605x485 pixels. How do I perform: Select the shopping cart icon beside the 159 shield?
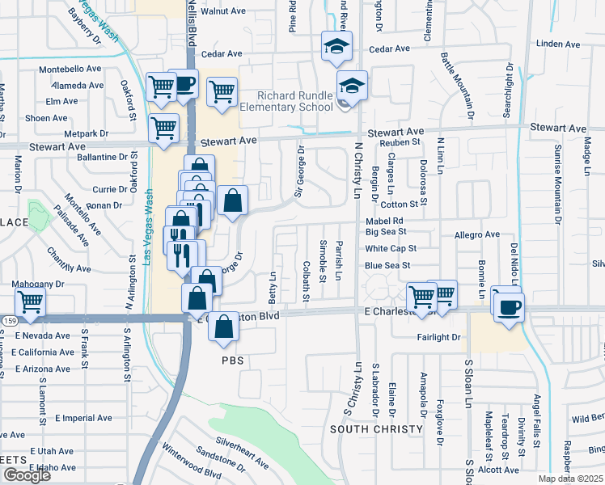30,302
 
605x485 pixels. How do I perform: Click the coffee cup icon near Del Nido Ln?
509,307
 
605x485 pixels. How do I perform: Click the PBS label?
233,359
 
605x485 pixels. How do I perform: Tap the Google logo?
27,475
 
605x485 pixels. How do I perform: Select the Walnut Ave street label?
223,11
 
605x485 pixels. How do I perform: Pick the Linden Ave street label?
560,44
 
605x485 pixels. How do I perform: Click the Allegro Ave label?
476,234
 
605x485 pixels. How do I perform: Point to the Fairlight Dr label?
438,337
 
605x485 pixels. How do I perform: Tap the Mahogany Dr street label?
37,285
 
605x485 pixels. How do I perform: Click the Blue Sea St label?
387,265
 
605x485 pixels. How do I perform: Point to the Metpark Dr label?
87,133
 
